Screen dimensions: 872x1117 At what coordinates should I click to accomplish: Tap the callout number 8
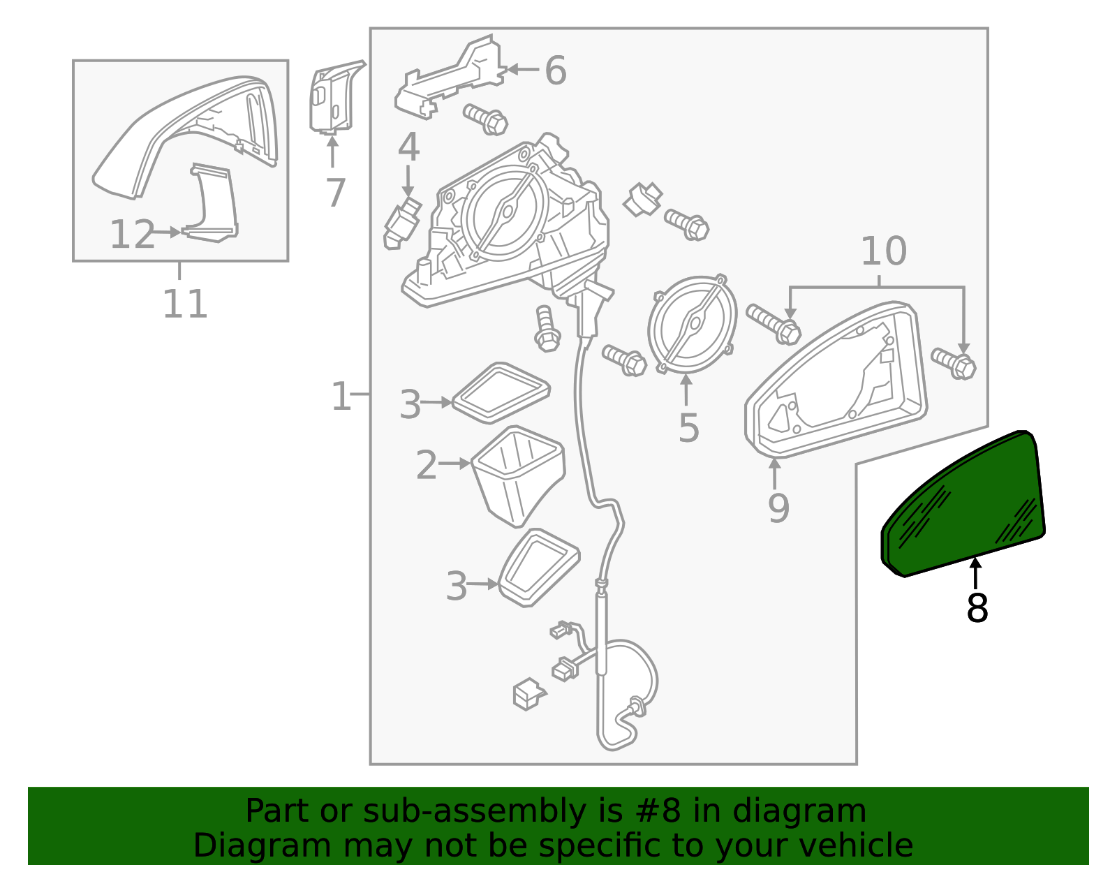point(977,609)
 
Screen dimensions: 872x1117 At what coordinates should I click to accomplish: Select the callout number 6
point(555,71)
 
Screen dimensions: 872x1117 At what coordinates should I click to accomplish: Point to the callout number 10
point(883,251)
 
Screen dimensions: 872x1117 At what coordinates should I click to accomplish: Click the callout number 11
point(185,304)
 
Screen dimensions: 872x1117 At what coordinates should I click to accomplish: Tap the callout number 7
point(336,193)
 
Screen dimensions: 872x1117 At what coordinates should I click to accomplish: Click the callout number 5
point(688,428)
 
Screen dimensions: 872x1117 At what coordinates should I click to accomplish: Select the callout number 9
point(778,508)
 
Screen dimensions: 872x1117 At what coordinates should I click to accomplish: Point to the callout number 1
point(341,397)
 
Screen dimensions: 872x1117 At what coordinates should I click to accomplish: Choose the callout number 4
point(408,147)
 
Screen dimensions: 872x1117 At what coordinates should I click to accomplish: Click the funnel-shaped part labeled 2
point(517,475)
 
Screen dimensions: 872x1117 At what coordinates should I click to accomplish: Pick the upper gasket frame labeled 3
point(501,392)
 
